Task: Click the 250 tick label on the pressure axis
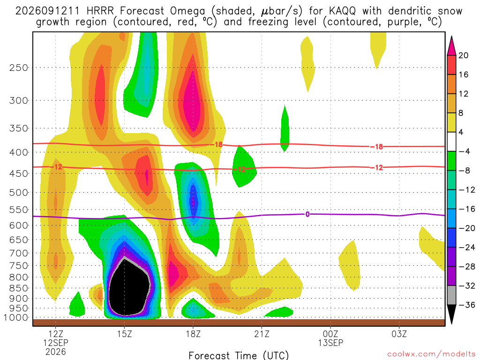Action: tap(19, 67)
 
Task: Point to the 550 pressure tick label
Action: tap(19, 210)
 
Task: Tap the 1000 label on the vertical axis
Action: tap(16, 317)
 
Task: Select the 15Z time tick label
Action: tap(124, 334)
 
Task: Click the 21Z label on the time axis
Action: tap(262, 334)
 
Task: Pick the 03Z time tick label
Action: tap(399, 334)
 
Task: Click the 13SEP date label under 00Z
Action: tap(330, 343)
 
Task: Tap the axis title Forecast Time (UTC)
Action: tap(239, 355)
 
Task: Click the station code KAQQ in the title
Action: tap(342, 11)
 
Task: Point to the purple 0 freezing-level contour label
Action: tap(307, 214)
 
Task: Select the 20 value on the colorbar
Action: tap(463, 55)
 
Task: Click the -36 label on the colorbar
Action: tap(466, 305)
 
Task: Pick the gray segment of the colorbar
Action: tap(451, 295)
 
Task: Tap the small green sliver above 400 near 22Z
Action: tap(285, 128)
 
